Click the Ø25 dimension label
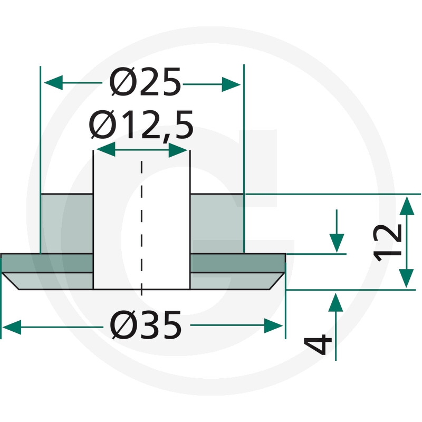(145, 82)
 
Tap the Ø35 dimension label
(146, 325)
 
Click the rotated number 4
(318, 345)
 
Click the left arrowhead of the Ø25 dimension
(53, 83)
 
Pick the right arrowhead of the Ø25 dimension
(231, 84)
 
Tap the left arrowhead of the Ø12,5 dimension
(106, 149)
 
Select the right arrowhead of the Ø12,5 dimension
(178, 150)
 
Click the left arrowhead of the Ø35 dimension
(12, 327)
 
